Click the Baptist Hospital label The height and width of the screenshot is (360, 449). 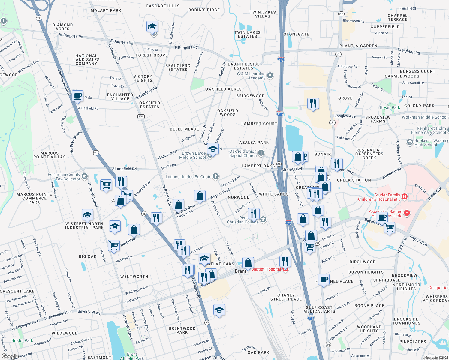[x=266, y=269]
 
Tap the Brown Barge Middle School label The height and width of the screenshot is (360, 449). [x=194, y=155]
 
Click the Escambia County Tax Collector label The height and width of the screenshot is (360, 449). [x=64, y=177]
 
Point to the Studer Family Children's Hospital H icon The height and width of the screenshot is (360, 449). [x=404, y=197]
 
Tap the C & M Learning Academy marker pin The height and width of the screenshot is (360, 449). [x=270, y=76]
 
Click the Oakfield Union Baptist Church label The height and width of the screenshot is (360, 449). [x=243, y=153]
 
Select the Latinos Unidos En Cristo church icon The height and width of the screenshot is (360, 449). [x=216, y=176]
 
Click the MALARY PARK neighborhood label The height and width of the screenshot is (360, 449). [x=106, y=10]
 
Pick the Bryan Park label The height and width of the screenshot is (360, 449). [x=390, y=107]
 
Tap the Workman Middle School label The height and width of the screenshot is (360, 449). [x=424, y=117]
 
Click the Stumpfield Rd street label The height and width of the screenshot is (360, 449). [x=124, y=169]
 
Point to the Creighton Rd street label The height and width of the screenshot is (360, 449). [x=409, y=51]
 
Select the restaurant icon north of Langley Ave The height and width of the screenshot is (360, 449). [x=313, y=103]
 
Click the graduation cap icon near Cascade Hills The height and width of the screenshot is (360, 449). [x=152, y=27]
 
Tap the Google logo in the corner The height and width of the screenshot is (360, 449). [x=10, y=356]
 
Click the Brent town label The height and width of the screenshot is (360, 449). [x=240, y=271]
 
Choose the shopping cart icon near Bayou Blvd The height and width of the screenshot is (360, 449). [x=389, y=228]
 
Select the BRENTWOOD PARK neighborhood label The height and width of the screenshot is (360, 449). [x=182, y=330]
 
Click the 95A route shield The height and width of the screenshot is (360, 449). [x=141, y=116]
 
